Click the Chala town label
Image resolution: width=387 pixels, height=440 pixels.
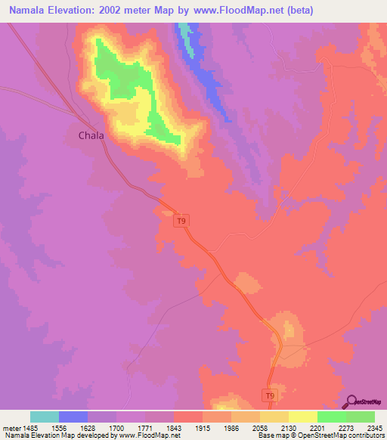click(91, 135)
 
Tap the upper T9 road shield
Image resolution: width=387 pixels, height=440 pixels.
click(180, 221)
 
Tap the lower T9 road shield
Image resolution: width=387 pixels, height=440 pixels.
click(271, 395)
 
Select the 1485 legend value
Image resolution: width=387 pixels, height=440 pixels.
click(31, 427)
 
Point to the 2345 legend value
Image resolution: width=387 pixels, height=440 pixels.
click(374, 427)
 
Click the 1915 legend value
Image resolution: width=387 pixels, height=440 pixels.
click(203, 427)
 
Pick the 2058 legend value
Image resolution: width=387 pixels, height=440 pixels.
click(259, 427)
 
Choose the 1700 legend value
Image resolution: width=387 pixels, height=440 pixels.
click(116, 427)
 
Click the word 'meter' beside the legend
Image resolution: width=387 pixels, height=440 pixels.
click(11, 427)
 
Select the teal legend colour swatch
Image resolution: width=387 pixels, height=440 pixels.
click(45, 417)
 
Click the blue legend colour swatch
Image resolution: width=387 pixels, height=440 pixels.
click(73, 417)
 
